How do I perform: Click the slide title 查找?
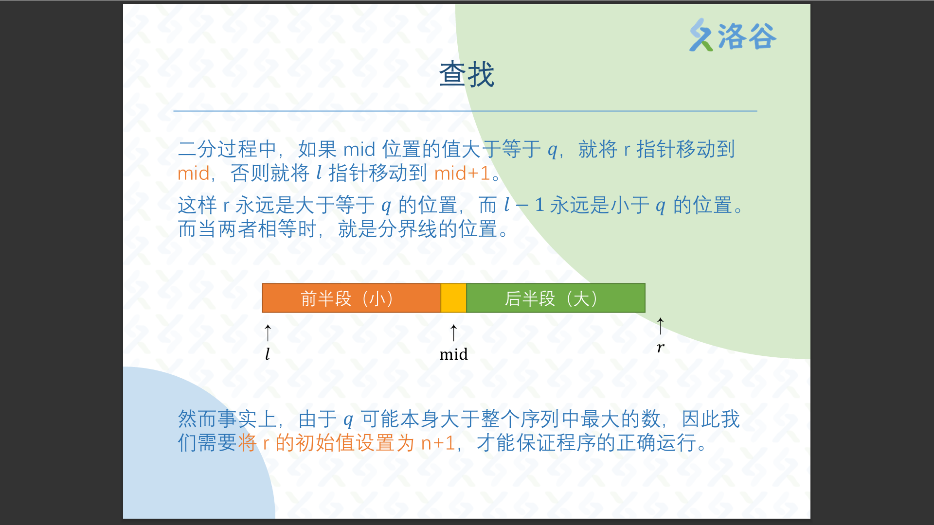[467, 74]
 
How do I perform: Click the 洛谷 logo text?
[747, 36]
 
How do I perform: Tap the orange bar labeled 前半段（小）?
[351, 298]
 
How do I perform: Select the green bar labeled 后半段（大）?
[556, 298]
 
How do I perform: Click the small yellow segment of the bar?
[453, 298]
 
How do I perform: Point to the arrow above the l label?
[268, 333]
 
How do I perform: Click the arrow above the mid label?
[453, 333]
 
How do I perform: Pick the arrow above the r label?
[660, 326]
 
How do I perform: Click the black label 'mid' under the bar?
[453, 354]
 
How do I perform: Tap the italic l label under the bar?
[268, 354]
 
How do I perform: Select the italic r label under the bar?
[660, 348]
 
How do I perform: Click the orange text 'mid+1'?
[462, 174]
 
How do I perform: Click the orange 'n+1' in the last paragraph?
[438, 443]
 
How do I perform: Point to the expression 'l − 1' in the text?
[524, 205]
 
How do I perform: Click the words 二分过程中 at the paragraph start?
[227, 149]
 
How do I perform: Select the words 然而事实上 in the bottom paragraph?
[227, 419]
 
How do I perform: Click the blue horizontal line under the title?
[465, 111]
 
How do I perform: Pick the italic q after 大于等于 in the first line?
[552, 151]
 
